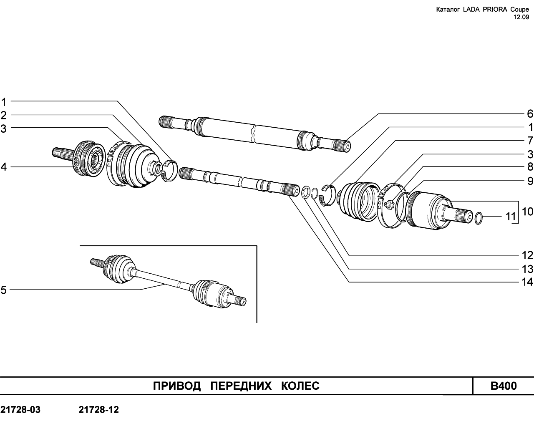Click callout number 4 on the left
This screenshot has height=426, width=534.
tap(3, 167)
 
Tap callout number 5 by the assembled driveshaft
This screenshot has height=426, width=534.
tap(3, 290)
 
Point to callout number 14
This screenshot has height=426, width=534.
tap(527, 282)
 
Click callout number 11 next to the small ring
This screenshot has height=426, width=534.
tap(511, 217)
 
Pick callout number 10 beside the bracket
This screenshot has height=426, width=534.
tap(527, 205)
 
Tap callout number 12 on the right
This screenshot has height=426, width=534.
tap(527, 255)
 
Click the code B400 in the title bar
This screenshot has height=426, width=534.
tap(504, 386)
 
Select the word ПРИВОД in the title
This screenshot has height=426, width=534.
tap(176, 386)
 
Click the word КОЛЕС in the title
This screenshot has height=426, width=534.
tap(300, 386)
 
